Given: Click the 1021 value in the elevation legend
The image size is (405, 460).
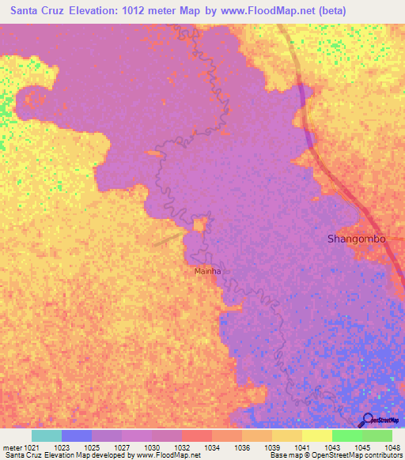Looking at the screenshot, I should click(24, 447).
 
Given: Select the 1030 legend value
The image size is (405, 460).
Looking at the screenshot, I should click(150, 447).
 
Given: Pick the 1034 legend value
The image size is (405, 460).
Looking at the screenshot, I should click(211, 447).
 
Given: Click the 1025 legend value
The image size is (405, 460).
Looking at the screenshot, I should click(90, 447).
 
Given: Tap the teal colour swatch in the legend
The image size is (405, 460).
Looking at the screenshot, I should click(46, 435).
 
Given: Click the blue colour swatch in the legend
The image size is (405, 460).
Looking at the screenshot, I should click(76, 435).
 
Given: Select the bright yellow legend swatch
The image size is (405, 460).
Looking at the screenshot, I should click(316, 435).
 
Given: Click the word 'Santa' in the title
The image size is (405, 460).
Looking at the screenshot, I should click(28, 10).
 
